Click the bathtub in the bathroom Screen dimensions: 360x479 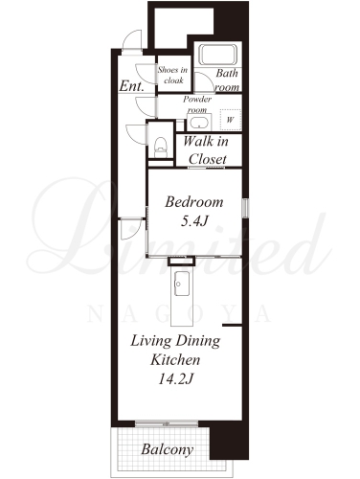click(x=218, y=54)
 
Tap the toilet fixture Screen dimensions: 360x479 click(x=161, y=148)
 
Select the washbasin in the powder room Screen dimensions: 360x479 click(x=198, y=122)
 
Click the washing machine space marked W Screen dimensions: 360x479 click(x=230, y=120)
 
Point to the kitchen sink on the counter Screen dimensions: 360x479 click(x=182, y=284)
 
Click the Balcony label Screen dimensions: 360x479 click(x=168, y=449)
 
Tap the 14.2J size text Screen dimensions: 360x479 click(x=176, y=379)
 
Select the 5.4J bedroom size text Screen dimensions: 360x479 click(x=194, y=220)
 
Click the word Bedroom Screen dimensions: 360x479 click(x=194, y=202)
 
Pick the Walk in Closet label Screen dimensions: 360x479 click(x=206, y=149)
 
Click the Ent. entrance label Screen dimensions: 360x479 click(x=131, y=85)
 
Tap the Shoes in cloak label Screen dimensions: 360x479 click(x=172, y=75)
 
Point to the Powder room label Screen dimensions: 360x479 click(x=197, y=104)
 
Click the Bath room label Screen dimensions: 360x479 click(x=227, y=80)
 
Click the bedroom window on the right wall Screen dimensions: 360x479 click(x=245, y=208)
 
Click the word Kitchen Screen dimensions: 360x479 click(x=175, y=360)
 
